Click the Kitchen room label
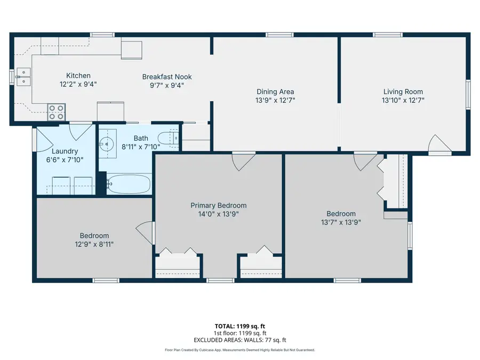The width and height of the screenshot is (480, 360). pos(78,76)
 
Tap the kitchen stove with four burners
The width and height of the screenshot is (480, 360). pos(57,111)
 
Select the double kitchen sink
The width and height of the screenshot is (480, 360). pos(22,77)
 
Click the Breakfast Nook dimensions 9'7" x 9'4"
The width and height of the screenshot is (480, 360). pos(166,84)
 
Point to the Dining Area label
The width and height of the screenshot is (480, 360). pos(275,92)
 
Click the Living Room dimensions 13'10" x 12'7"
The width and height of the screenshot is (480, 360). pos(403,99)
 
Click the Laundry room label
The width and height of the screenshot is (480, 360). pos(65,151)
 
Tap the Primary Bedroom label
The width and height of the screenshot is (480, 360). pos(219,205)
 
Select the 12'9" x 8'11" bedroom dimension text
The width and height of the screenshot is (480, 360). pos(94,244)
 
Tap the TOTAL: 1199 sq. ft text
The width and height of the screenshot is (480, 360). pos(239,325)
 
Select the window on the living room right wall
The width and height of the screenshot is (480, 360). pos(468,94)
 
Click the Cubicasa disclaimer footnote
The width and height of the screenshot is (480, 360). pos(239,350)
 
